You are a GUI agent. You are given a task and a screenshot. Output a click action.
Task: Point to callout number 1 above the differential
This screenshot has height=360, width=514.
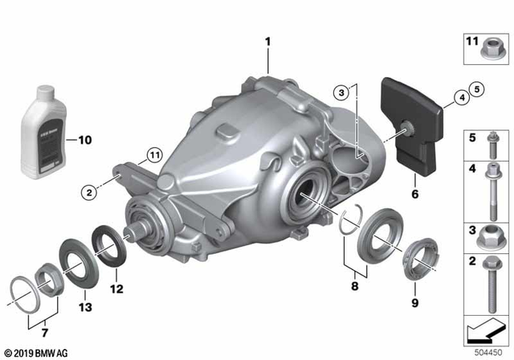point(269,39)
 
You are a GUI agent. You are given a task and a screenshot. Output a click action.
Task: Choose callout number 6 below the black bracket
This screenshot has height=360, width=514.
point(416,194)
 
